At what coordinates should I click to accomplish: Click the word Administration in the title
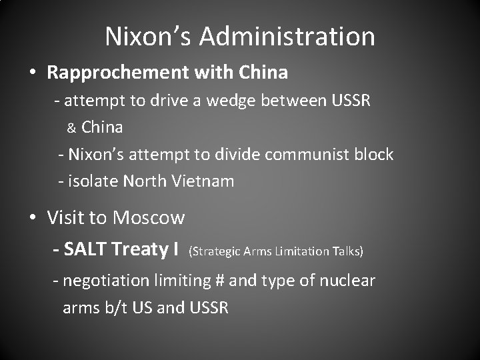pyautogui.click(x=287, y=37)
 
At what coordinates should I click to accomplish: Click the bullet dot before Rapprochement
pyautogui.click(x=33, y=72)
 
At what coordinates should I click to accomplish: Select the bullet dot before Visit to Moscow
pyautogui.click(x=33, y=218)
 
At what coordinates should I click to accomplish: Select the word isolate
pyautogui.click(x=91, y=181)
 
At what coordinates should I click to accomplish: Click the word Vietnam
pyautogui.click(x=203, y=181)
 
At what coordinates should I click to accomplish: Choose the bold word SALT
pyautogui.click(x=87, y=249)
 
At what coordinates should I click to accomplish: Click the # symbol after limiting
pyautogui.click(x=220, y=281)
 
